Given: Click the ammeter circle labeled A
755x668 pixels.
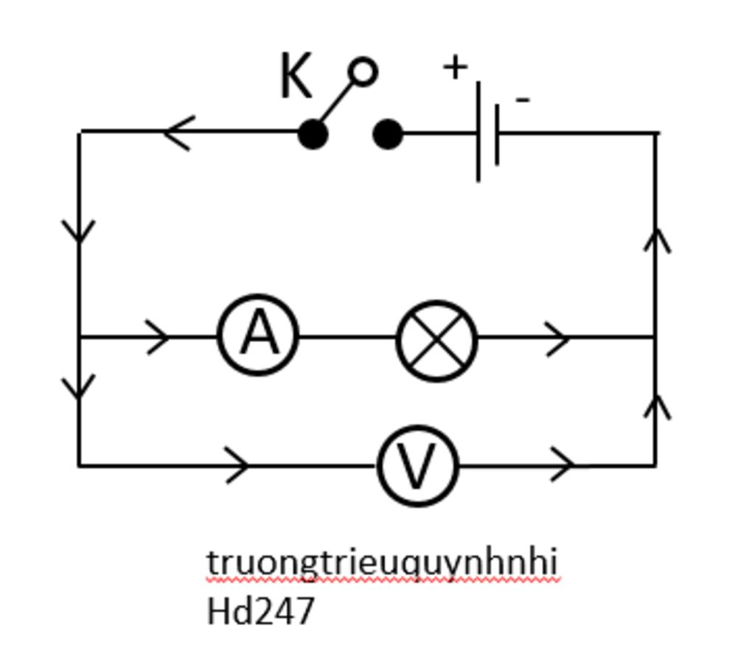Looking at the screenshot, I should coord(258,335).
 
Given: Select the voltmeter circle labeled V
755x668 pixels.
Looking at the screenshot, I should coord(417,465).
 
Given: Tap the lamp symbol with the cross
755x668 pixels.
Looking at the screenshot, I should coord(436,340).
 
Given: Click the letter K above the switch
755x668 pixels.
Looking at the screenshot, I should coord(296,77).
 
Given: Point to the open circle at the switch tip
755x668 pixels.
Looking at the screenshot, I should coord(363,72).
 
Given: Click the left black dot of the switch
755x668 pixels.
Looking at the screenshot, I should coord(313,135).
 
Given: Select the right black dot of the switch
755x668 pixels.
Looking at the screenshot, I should coord(388,135).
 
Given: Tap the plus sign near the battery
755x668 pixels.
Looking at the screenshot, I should coord(456,67).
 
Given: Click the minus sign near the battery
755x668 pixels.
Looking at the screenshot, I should coord(522,99).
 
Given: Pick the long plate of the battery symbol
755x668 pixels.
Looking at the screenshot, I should coord(479,131).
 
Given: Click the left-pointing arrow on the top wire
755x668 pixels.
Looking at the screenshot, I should coord(178,133).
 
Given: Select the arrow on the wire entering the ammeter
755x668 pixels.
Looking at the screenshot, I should coord(159,337).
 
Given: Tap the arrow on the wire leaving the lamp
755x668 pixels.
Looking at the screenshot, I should coord(558,338).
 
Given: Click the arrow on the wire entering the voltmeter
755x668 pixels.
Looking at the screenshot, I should coord(237,465).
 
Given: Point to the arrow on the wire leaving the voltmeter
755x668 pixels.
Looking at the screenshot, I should coord(563,465).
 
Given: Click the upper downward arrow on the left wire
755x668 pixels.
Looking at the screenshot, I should coord(79,231).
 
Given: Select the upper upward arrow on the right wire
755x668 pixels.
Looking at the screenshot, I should coord(656,240).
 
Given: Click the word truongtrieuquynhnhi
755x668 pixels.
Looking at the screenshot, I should coord(382,563).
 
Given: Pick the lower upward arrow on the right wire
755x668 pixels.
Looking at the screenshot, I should coord(656,407).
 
